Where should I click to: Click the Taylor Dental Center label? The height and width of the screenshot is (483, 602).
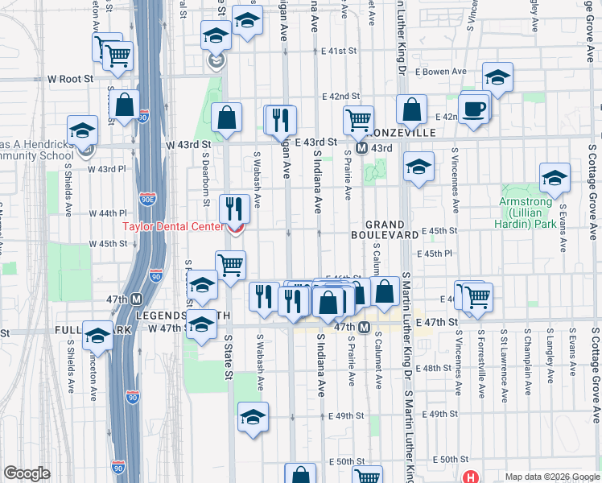click(x=172, y=226)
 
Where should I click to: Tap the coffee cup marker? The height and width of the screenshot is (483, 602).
click(x=473, y=109)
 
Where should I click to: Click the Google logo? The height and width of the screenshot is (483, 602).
click(x=27, y=473)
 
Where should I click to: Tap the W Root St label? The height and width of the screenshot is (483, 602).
click(x=71, y=79)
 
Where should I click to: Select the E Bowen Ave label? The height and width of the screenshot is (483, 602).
click(x=447, y=72)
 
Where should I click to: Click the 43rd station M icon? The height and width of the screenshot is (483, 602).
click(x=362, y=148)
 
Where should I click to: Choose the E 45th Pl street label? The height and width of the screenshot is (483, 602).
click(x=442, y=254)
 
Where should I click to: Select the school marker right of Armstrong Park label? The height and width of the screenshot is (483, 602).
click(x=555, y=179)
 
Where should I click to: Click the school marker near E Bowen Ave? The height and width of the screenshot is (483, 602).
click(x=497, y=78)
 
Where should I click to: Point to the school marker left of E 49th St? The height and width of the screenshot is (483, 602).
click(x=253, y=417)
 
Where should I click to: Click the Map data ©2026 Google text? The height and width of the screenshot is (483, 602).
click(x=550, y=477)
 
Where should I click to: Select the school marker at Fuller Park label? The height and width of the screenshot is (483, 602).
click(x=97, y=334)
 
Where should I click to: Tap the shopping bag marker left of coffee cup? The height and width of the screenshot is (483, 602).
click(x=411, y=111)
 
